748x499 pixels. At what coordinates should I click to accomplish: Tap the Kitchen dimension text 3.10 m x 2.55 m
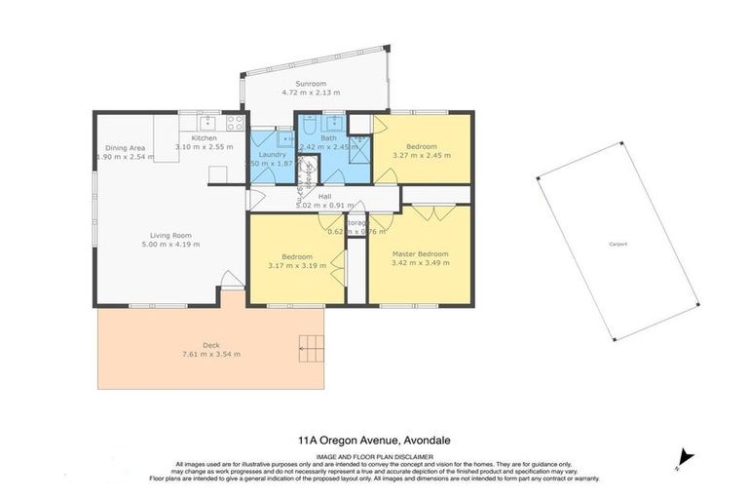pos(205,147)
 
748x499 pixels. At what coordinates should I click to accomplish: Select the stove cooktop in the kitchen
pos(235,123)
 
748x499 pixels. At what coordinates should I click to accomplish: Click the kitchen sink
pos(206,123)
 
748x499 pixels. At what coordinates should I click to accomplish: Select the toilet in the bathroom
pos(308,124)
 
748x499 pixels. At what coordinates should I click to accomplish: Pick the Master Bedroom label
pos(420,254)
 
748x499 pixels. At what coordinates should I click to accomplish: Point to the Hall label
pos(311,196)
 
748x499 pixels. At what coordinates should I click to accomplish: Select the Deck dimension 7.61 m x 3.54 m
pos(212,354)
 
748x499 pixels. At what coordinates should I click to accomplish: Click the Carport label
pos(617,243)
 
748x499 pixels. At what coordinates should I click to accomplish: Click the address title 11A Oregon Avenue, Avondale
pos(374,441)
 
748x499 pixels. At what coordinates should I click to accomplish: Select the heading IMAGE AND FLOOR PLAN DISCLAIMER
pos(374,455)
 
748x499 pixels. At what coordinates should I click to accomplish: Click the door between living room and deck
pos(232,281)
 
